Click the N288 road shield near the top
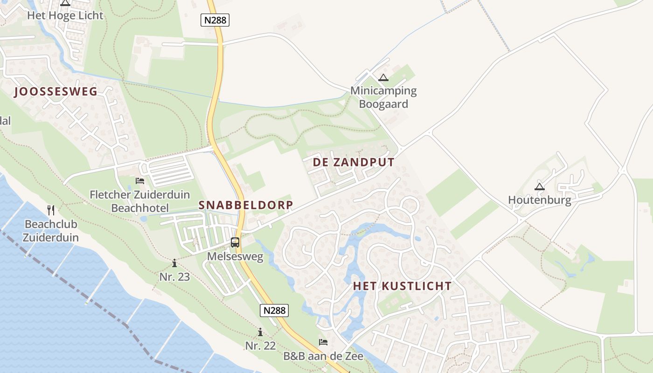[215, 20]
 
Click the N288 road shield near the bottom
[274, 311]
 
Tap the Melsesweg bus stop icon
[235, 242]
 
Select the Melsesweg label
[235, 256]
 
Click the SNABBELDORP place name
[246, 205]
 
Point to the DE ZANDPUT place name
[354, 162]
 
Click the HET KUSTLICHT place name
[402, 286]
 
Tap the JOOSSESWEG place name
[56, 91]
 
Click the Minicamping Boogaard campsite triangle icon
[383, 77]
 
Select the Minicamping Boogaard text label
[383, 97]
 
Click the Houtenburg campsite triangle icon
[540, 186]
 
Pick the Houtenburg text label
[540, 200]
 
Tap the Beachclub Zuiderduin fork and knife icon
[51, 210]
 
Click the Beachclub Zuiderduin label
[51, 231]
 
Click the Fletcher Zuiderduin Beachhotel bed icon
[140, 181]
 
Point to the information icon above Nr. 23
[174, 263]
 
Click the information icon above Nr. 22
[260, 332]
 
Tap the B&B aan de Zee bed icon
[323, 342]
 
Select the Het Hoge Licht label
[65, 15]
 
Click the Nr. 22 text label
[260, 346]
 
